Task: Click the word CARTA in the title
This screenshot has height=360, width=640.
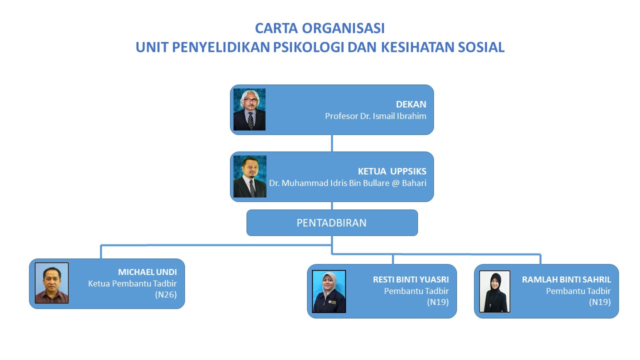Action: tap(276, 28)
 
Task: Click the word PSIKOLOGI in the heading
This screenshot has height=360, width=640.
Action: tap(308, 47)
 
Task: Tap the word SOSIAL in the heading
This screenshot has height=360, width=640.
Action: tap(481, 47)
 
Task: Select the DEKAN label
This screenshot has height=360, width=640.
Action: tap(411, 104)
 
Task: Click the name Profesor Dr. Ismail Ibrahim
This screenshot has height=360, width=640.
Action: tap(375, 116)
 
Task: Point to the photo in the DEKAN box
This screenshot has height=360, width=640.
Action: tap(249, 109)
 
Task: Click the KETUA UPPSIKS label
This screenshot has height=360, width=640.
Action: tap(392, 171)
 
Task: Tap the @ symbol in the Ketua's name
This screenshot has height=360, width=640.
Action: tap(395, 183)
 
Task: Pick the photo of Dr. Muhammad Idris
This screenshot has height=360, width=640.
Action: tap(250, 176)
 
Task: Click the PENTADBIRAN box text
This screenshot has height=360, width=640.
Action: tap(331, 223)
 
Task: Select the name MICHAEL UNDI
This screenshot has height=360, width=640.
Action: tap(147, 272)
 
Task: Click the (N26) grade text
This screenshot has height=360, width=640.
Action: tap(165, 294)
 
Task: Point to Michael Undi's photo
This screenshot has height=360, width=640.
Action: tap(51, 283)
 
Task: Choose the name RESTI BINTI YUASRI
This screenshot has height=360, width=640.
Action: tap(411, 279)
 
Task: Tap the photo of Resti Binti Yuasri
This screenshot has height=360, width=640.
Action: tap(329, 291)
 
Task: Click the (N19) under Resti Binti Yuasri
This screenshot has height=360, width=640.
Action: tap(437, 302)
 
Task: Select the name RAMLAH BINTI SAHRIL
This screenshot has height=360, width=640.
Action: tap(566, 279)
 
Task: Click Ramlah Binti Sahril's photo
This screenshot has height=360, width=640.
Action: tap(494, 291)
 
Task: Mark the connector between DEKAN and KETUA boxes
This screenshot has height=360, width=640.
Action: tap(331, 143)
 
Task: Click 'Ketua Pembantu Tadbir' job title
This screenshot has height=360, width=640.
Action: tap(132, 283)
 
